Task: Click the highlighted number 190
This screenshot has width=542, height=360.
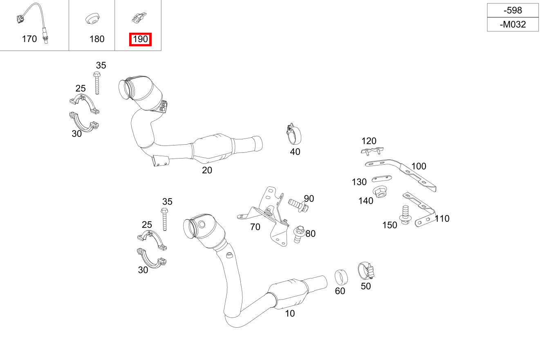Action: (x=140, y=40)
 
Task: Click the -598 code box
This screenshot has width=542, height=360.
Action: (x=513, y=11)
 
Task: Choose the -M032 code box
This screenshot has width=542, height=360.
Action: (x=513, y=25)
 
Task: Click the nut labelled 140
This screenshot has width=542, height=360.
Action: (x=380, y=192)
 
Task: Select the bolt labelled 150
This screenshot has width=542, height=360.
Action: (x=405, y=215)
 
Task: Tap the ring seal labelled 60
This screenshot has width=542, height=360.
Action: (x=341, y=277)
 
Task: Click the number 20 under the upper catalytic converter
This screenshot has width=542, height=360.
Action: (x=207, y=170)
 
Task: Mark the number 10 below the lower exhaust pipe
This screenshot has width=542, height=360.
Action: (x=290, y=313)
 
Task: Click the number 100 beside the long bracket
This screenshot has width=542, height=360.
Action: (x=419, y=166)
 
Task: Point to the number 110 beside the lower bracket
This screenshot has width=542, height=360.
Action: (x=442, y=219)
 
